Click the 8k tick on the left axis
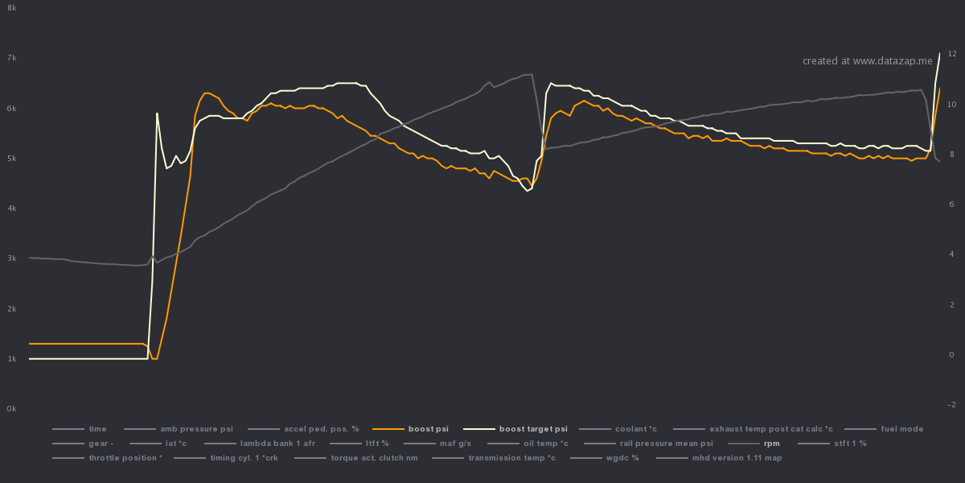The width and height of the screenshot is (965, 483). coord(11,7)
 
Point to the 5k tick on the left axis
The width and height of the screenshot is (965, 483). coord(11,159)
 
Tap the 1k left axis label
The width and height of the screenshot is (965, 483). coord(11,359)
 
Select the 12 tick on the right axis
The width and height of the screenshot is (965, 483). coord(951,54)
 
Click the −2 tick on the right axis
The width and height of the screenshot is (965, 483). coord(951,405)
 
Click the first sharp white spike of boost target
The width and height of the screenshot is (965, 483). coord(157,114)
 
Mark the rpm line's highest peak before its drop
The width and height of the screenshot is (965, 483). coord(530,75)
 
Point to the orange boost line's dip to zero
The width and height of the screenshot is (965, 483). coord(155,358)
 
